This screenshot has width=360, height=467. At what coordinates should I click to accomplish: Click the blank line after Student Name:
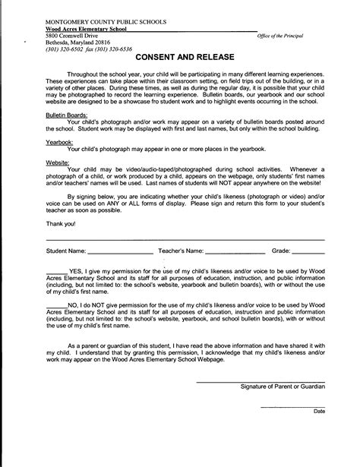coord(120,251)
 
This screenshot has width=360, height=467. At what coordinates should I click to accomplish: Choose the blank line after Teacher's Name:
coord(235,251)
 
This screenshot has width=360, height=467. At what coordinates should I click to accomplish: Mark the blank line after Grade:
coord(308,251)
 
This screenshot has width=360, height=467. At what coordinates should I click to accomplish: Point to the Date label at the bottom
coord(319,411)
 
